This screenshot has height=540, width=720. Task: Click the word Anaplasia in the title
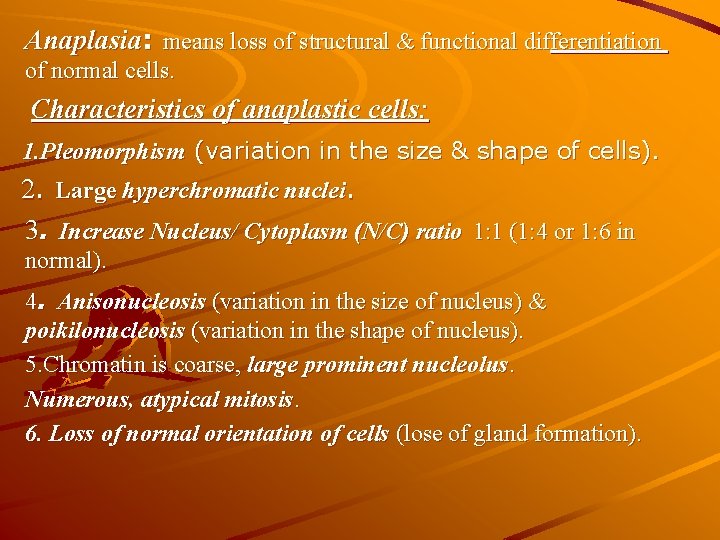(82, 41)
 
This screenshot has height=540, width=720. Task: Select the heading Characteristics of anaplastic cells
(230, 109)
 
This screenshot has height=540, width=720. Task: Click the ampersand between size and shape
(460, 151)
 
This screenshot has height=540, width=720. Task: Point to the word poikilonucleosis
(104, 329)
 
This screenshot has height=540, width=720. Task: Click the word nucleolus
(461, 365)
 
